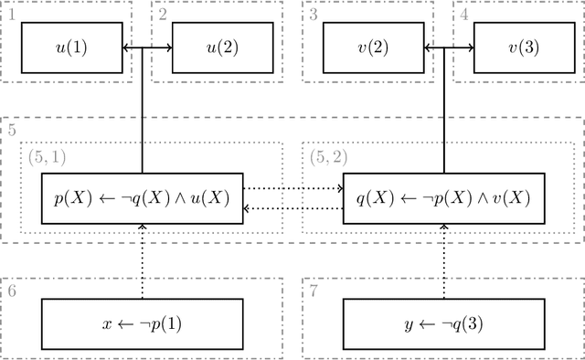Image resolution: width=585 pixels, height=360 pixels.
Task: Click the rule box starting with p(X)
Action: (143, 198)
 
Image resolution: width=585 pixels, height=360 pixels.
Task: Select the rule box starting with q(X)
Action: (444, 198)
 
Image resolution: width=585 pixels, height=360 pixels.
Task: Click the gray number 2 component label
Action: (162, 14)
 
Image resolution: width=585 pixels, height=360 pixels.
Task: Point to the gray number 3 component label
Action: (314, 14)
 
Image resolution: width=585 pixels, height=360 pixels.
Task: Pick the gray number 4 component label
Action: (464, 14)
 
